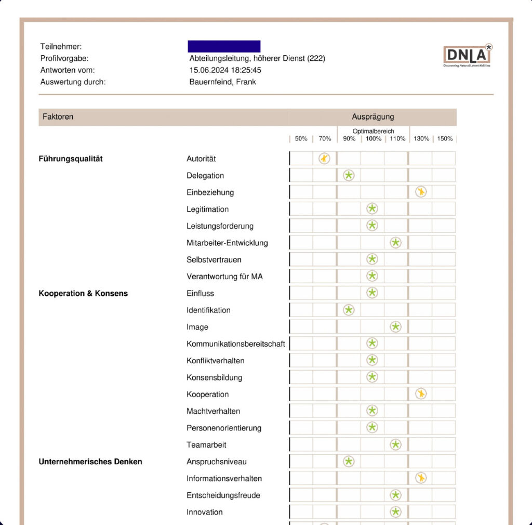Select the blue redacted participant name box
click(x=224, y=46)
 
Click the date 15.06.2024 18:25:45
click(x=225, y=70)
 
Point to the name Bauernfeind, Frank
click(x=222, y=82)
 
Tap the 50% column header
click(x=301, y=139)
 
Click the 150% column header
click(x=445, y=139)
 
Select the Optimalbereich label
click(x=373, y=132)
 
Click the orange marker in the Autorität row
click(x=324, y=159)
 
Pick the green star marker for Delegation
click(x=349, y=175)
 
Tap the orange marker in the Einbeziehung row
click(x=421, y=192)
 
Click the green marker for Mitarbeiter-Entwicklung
click(x=396, y=242)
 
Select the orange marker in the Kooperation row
click(x=421, y=393)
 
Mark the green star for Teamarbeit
click(x=396, y=444)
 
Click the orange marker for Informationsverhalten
click(x=421, y=478)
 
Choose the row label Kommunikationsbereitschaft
click(x=235, y=344)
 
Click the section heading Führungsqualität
click(x=71, y=159)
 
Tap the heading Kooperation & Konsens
click(x=83, y=293)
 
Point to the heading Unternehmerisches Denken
click(x=90, y=461)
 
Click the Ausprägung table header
click(x=373, y=117)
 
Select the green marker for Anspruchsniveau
click(x=349, y=461)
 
